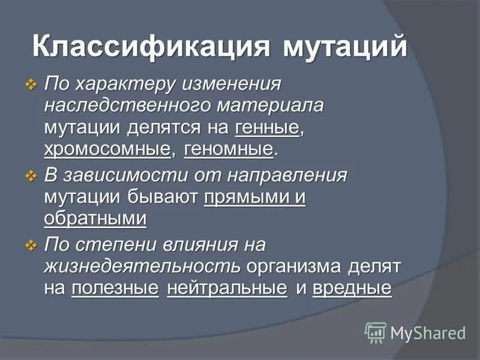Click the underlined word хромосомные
click(x=107, y=149)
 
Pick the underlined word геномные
click(x=229, y=149)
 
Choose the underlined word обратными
click(x=95, y=218)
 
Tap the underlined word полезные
click(x=115, y=288)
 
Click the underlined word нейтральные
click(x=227, y=288)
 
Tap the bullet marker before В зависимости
click(x=31, y=176)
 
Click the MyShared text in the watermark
click(x=428, y=332)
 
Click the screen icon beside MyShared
click(x=376, y=332)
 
